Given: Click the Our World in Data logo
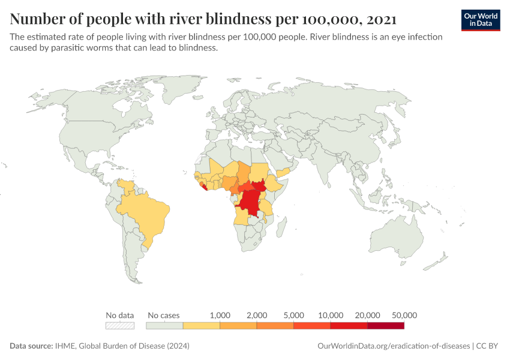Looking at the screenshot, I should click(480, 20).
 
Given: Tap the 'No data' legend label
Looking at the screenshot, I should click(119, 315).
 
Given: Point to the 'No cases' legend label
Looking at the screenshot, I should click(163, 315).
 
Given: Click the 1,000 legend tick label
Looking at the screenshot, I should click(220, 315).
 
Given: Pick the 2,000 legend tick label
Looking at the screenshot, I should click(257, 315).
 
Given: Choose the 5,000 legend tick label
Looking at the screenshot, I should click(293, 315).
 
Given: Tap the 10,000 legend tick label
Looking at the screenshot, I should click(331, 315).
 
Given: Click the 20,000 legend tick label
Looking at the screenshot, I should click(367, 315).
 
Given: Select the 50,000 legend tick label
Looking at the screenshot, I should click(404, 315).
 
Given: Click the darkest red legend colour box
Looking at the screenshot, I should click(386, 325).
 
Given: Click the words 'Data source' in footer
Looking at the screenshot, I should click(30, 346).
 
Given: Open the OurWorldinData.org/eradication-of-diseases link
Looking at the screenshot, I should click(392, 346).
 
